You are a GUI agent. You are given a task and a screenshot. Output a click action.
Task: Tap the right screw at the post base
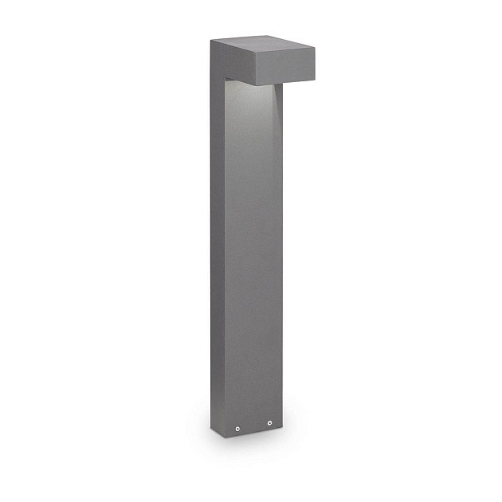point(270,422)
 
